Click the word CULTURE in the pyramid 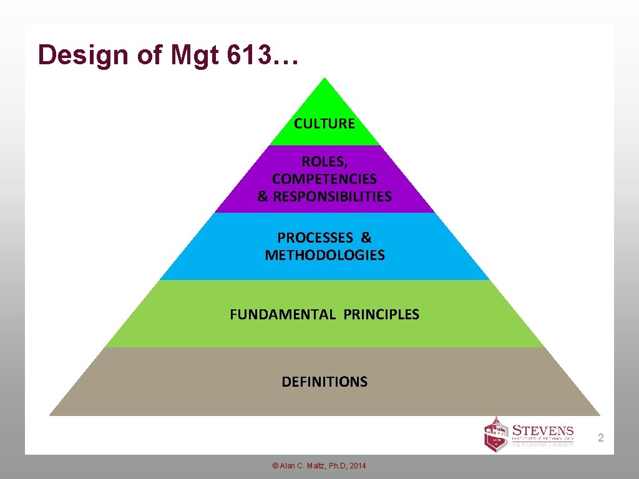[x=324, y=123]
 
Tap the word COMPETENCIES [x=324, y=179]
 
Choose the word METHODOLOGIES [x=324, y=255]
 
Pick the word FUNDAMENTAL [x=283, y=314]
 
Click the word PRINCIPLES [x=381, y=314]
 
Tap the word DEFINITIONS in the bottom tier [x=324, y=382]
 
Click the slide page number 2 [x=601, y=438]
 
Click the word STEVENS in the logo [x=542, y=430]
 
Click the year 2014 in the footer [x=358, y=466]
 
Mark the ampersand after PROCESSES [x=366, y=238]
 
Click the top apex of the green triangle [x=324, y=79]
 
